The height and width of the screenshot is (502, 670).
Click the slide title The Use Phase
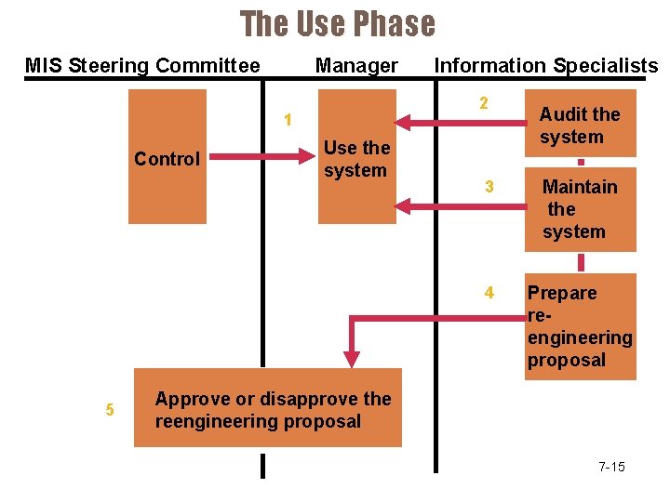(x=337, y=24)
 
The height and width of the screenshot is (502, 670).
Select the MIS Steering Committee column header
(x=142, y=66)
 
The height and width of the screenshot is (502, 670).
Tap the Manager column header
(x=356, y=66)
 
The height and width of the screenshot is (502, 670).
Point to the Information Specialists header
(x=546, y=66)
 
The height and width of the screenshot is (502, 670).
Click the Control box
(x=167, y=157)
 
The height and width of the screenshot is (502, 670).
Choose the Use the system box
(x=357, y=157)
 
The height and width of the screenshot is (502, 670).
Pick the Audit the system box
(x=580, y=124)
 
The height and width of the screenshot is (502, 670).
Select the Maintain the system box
(x=580, y=209)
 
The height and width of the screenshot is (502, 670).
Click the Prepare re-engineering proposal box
(x=580, y=326)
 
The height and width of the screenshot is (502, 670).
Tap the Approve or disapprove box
(x=268, y=409)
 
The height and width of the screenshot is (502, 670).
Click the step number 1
(x=289, y=120)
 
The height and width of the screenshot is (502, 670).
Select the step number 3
(x=489, y=187)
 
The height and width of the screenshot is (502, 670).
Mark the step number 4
(x=489, y=293)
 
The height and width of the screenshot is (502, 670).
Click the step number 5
(x=110, y=409)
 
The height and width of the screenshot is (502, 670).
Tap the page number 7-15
(x=611, y=467)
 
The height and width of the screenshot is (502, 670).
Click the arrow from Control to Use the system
(x=261, y=157)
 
